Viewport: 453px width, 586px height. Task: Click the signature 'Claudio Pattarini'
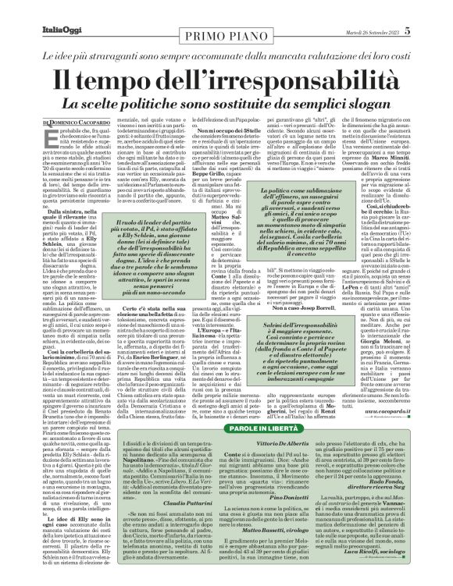141,506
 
